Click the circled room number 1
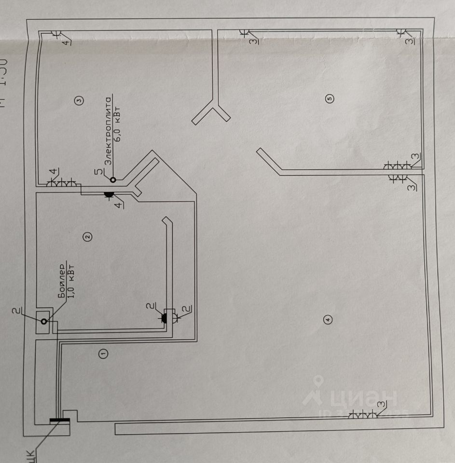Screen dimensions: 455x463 pos(103,354)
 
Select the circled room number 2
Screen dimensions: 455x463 pos(87,236)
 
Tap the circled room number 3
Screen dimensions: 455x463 pos(79,100)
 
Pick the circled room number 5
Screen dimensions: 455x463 pos(330,98)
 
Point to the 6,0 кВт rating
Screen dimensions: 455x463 pos(118,126)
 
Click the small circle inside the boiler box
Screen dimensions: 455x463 pos(44,321)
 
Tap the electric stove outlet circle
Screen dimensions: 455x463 pos(113,180)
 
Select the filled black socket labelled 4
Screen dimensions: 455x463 pos(108,195)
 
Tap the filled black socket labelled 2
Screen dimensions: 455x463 pos(164,318)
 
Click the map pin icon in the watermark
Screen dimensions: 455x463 pos(316,390)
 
